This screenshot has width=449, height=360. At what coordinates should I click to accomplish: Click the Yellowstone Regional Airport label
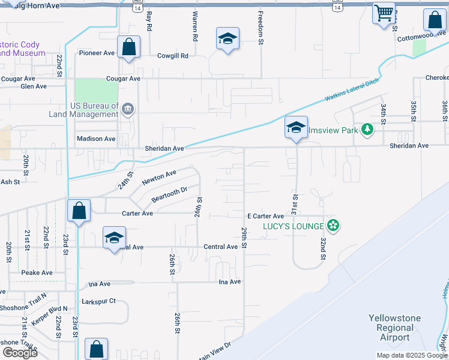pos(394,328)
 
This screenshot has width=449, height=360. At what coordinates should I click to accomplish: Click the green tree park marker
pos(367,129)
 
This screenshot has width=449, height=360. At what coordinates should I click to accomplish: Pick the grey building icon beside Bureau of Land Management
pos(127,109)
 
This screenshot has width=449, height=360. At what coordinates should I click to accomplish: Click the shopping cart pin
pos(384,13)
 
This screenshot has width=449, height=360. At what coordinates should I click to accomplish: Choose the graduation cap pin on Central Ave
pos(114,238)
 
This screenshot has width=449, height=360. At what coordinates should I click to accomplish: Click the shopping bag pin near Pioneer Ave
pos(128,47)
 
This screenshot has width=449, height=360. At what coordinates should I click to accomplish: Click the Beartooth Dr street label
pos(169,194)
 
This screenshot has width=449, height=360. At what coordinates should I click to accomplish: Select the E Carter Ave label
pos(265,216)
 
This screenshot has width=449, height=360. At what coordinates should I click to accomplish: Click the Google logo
pos(20,352)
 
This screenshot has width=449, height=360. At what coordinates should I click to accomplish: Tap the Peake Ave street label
pos(37,272)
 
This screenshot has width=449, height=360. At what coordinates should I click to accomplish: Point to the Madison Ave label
pos(96,139)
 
